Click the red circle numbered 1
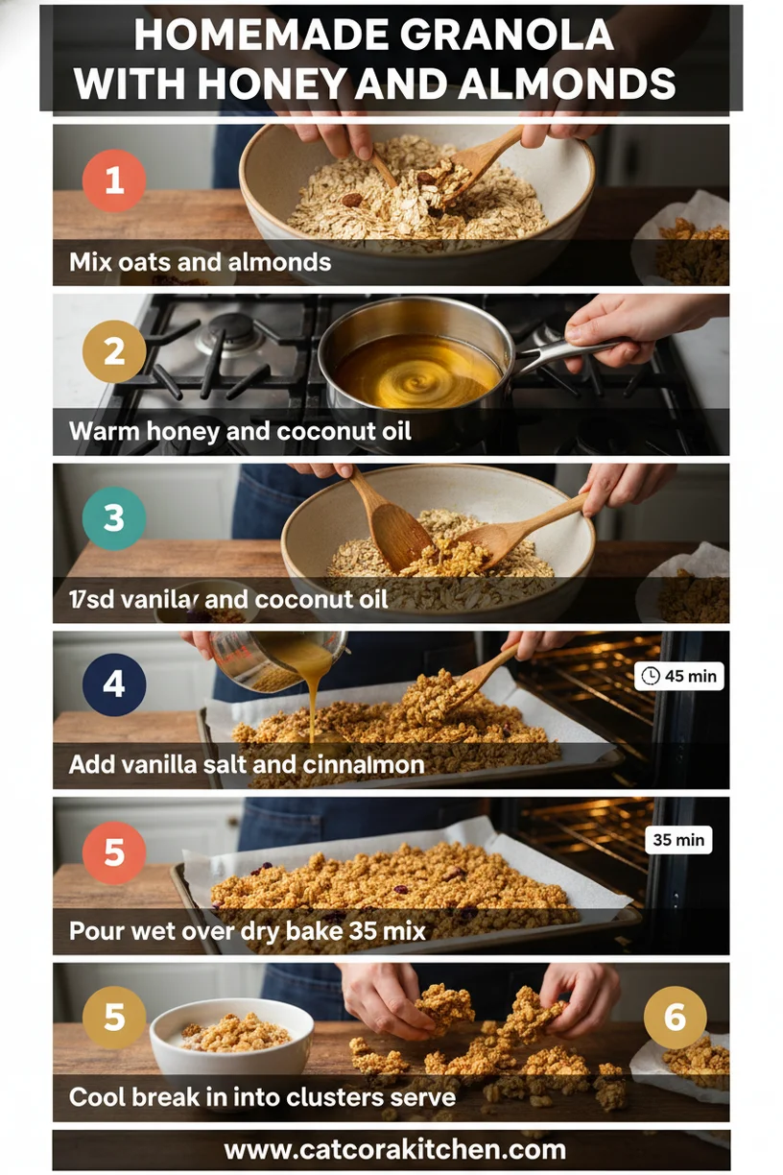click(114, 180)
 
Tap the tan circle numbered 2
click(114, 350)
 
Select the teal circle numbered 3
click(114, 518)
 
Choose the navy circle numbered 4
click(114, 684)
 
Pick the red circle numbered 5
click(114, 851)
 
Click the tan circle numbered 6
click(675, 1017)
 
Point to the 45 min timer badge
click(679, 676)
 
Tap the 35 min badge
click(678, 840)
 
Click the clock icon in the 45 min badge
click(651, 676)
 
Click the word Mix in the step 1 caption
click(88, 262)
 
